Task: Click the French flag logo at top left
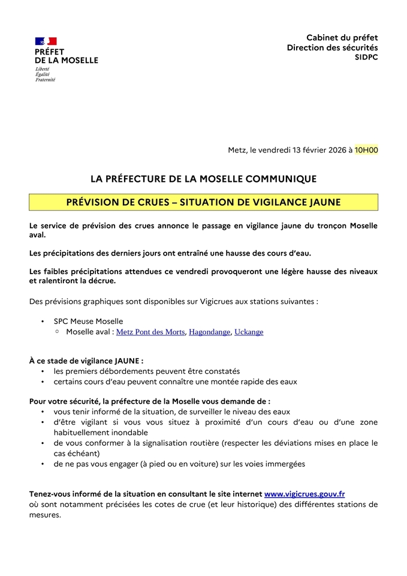click(46, 41)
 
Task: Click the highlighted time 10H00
click(366, 150)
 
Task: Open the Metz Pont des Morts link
click(150, 332)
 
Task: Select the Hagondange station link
click(209, 332)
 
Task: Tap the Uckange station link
click(249, 332)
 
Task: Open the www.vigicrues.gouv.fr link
click(305, 494)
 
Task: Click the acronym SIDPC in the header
click(366, 57)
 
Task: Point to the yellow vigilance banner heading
click(203, 202)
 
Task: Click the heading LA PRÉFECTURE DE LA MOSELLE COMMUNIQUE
click(203, 179)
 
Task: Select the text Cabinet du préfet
click(342, 38)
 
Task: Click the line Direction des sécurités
click(332, 47)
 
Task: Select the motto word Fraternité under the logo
click(45, 79)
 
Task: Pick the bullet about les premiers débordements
click(146, 371)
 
